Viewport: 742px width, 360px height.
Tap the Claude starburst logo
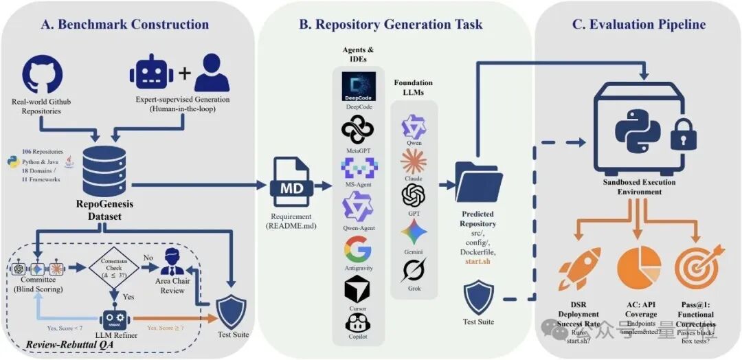414,161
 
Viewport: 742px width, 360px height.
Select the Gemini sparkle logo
414,233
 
